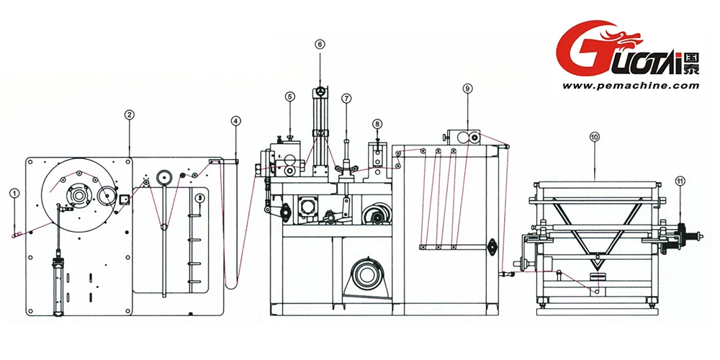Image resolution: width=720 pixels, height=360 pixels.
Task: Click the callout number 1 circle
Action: click(x=14, y=193)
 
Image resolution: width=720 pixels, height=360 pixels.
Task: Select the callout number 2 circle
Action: click(x=128, y=114)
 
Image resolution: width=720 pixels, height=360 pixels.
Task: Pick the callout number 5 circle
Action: click(x=289, y=96)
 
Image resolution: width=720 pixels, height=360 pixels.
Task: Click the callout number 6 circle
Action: click(x=320, y=44)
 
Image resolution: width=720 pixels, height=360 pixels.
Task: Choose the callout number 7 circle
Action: click(x=346, y=97)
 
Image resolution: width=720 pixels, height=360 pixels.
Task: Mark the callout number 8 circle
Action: click(x=377, y=123)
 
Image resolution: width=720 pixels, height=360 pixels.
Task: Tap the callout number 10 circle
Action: click(x=594, y=135)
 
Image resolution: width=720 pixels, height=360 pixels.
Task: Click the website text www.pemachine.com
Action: click(x=631, y=85)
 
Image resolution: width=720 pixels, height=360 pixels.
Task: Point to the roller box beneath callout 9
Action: click(x=464, y=137)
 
